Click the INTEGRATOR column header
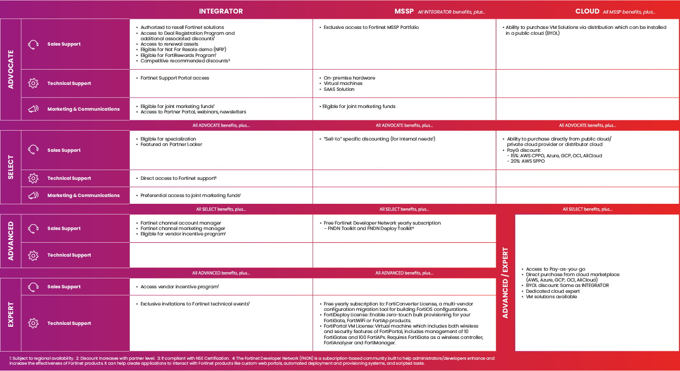221,11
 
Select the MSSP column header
404,11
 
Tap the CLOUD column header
587,11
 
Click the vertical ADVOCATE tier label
11,69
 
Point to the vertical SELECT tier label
11,167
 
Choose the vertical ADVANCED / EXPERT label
505,282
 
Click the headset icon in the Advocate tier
33,44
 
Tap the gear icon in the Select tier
33,178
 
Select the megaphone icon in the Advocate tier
33,109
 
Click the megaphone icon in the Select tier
33,196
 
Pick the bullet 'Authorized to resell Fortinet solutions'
182,28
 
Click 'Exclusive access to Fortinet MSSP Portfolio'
371,28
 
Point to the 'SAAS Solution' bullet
339,89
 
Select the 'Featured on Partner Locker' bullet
171,145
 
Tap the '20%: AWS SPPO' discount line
528,161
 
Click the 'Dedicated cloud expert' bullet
552,291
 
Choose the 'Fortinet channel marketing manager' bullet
182,229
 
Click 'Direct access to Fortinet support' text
178,178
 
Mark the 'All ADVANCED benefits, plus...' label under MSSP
404,273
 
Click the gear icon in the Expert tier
33,323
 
